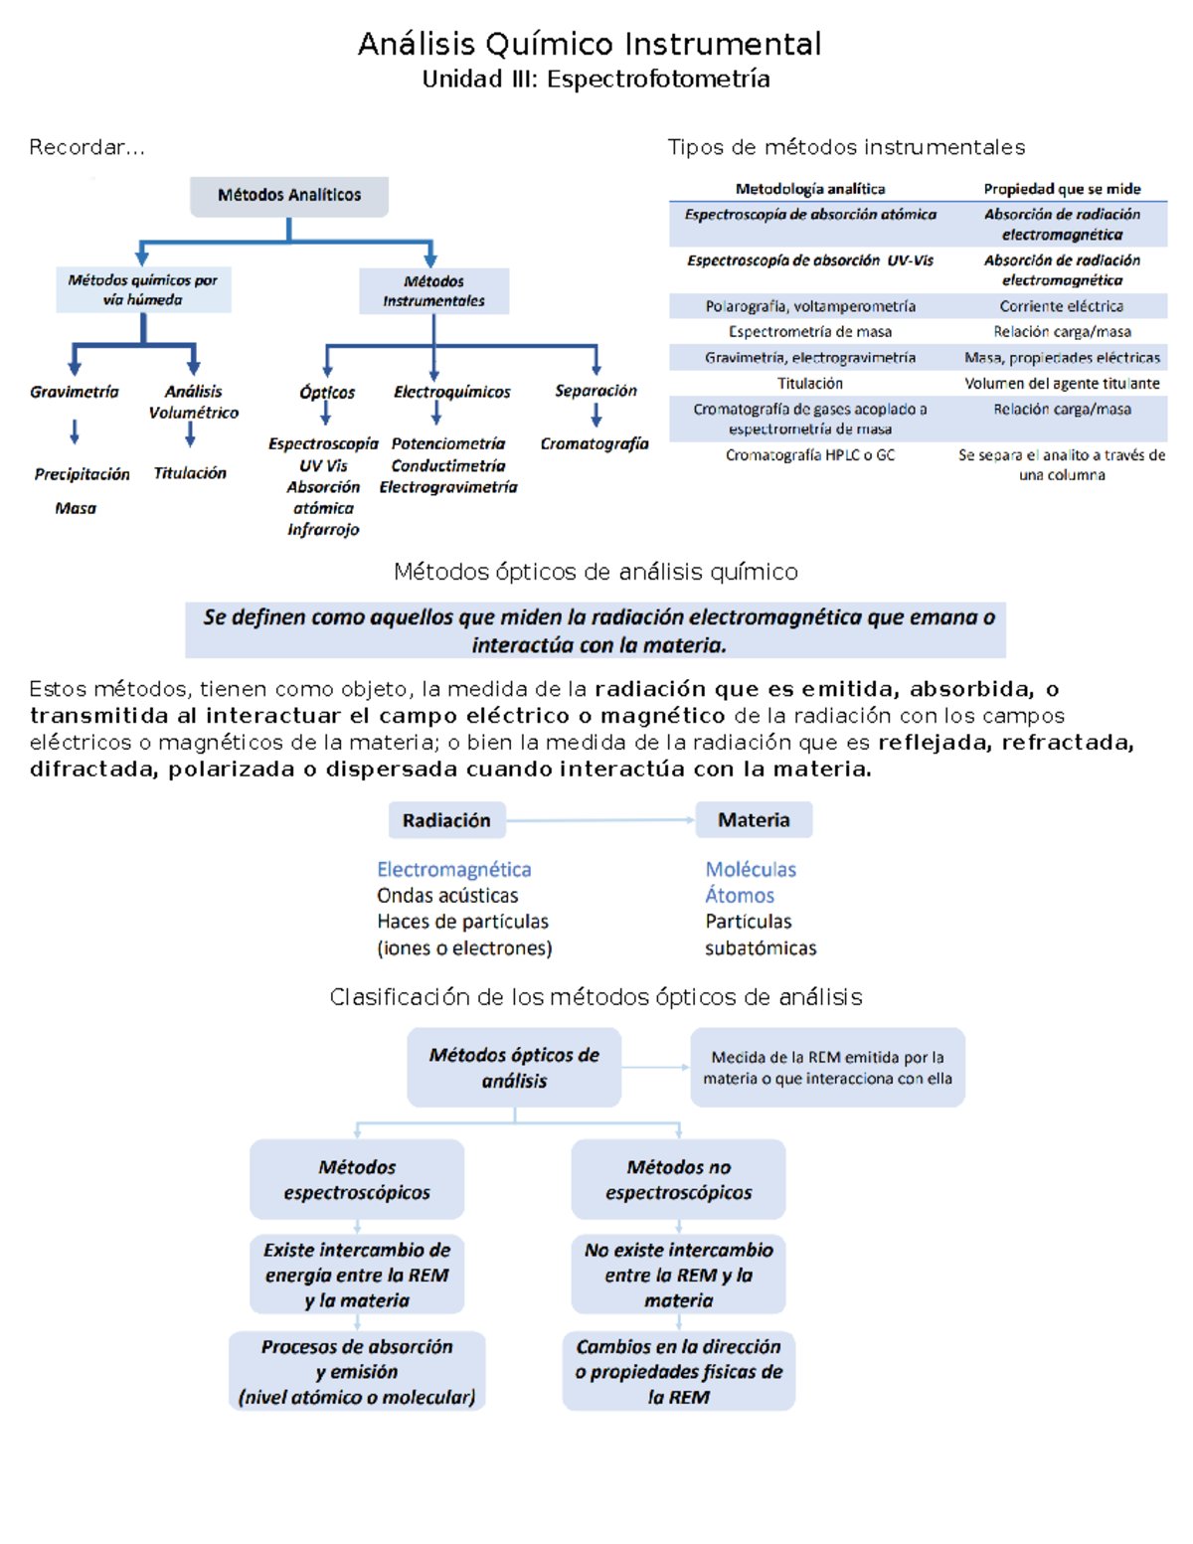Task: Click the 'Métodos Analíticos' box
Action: (x=289, y=196)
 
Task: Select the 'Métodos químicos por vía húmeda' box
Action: (x=143, y=290)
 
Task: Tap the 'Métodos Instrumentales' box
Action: (x=434, y=291)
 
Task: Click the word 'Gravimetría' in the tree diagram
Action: (x=74, y=392)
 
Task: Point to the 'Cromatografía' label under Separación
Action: (x=595, y=443)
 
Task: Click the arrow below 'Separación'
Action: (x=596, y=416)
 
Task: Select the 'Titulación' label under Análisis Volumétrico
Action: (x=190, y=473)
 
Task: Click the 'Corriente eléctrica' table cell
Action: (x=1062, y=306)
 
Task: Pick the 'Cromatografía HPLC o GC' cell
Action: (x=810, y=455)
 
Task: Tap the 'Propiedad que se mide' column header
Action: (x=1062, y=189)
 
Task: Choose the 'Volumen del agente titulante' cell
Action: (x=1062, y=384)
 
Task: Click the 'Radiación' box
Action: (x=446, y=820)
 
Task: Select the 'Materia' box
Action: (x=754, y=820)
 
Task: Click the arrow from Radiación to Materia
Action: (x=600, y=820)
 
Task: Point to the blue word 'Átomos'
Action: (x=740, y=896)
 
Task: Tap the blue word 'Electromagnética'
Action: (x=454, y=870)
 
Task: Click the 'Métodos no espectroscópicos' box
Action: (x=679, y=1179)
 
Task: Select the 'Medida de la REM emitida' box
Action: (x=827, y=1068)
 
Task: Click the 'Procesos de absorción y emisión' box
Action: (x=357, y=1372)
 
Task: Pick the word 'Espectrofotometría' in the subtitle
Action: (x=658, y=80)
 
